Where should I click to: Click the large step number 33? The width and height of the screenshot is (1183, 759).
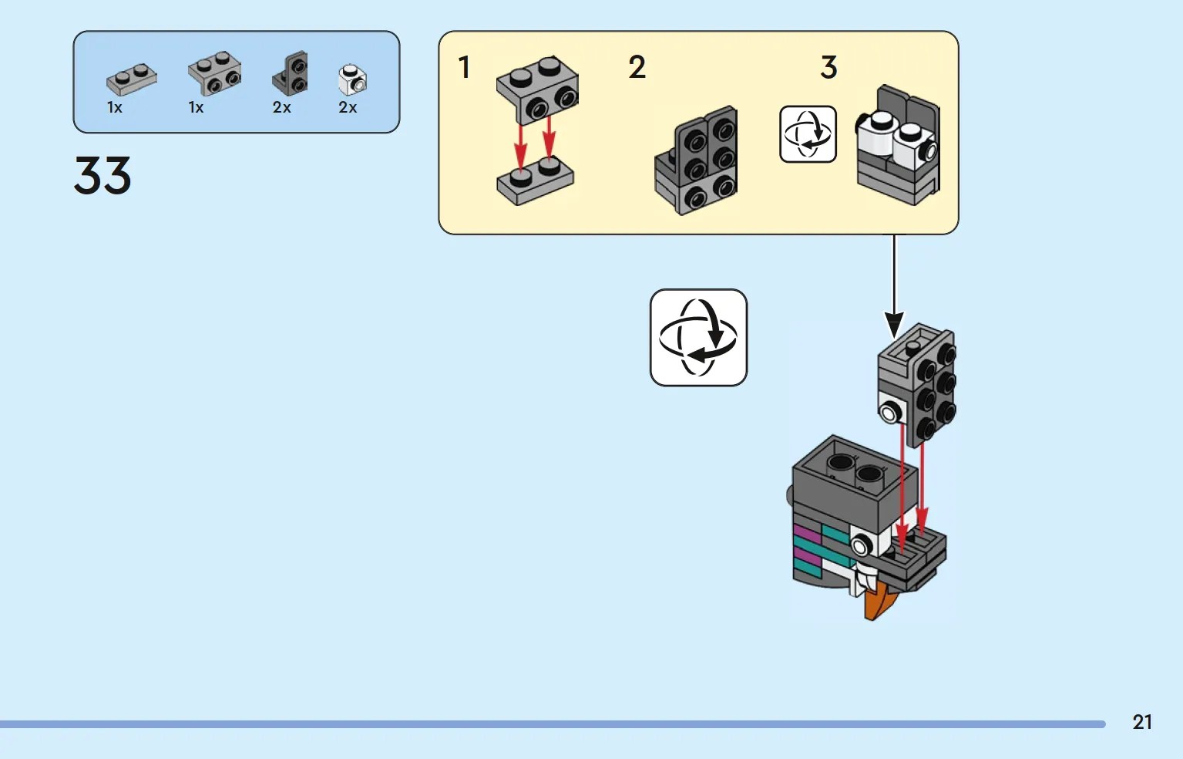103,175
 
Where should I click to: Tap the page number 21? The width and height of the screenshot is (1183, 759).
1142,722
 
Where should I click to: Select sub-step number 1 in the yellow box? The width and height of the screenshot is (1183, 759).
464,68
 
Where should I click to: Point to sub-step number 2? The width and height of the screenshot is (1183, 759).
637,68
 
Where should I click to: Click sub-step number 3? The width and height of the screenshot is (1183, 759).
829,68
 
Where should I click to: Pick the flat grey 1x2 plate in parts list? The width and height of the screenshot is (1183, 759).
132,79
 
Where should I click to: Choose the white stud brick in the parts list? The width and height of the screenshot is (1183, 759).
352,79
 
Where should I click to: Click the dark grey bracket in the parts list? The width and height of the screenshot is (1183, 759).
290,73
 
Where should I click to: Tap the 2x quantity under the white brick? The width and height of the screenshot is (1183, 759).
348,107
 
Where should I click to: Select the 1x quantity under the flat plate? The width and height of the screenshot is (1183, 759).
115,107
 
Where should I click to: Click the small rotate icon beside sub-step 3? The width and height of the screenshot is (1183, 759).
808,134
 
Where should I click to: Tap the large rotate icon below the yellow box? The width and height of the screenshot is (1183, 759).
698,337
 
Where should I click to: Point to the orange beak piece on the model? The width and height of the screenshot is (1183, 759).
879,603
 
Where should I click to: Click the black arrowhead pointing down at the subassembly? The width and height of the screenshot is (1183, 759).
894,325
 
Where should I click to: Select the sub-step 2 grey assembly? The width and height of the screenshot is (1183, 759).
696,160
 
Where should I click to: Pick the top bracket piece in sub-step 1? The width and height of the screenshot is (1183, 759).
538,89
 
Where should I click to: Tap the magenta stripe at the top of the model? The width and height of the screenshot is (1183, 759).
806,533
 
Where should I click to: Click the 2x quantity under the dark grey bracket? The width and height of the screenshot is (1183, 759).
282,107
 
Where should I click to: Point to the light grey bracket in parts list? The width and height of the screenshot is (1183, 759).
215,73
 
